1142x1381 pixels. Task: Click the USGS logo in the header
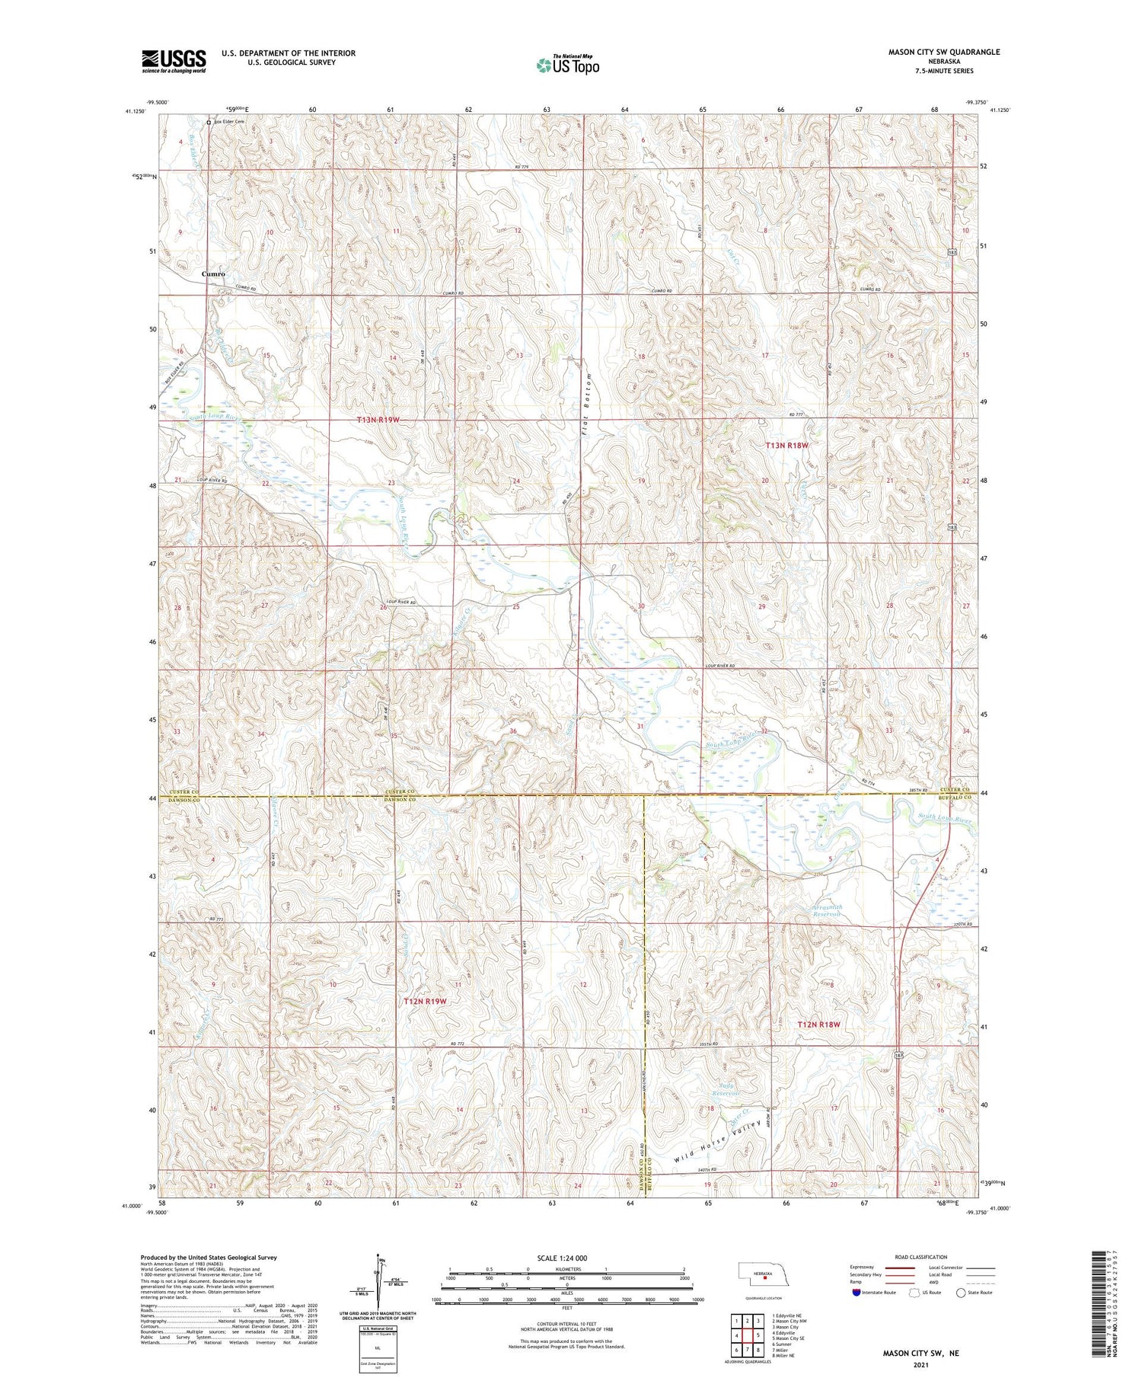tap(174, 61)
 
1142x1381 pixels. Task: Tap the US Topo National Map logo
tap(568, 66)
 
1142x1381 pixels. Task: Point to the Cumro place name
tap(213, 273)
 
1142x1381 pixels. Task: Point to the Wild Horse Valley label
tap(718, 1141)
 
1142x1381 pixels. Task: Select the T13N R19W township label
tap(378, 420)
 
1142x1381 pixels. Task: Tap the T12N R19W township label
tap(424, 1002)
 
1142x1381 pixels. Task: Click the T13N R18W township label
tap(786, 445)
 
